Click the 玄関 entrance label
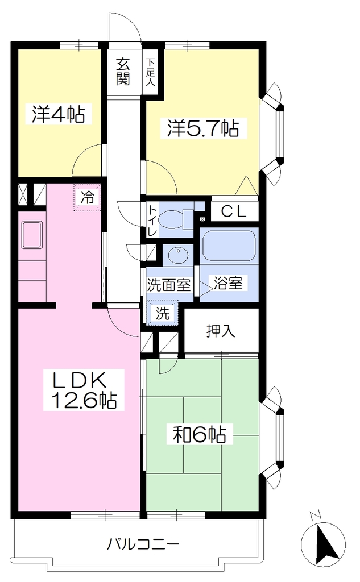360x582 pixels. coord(123,72)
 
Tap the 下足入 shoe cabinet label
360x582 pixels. coord(150,72)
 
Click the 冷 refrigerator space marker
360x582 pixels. coord(88,197)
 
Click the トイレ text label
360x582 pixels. coord(152,221)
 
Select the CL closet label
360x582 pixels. coord(234,211)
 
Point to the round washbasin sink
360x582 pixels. coord(178,255)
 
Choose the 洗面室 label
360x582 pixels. coord(169,285)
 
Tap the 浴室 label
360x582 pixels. coord(228,283)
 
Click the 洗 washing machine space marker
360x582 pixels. coord(162,314)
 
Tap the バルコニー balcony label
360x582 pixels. coord(143,545)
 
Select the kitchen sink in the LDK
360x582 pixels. coord(32,235)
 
